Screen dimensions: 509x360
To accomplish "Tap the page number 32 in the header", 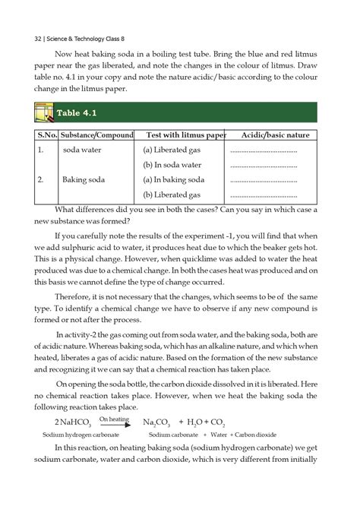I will [28, 37].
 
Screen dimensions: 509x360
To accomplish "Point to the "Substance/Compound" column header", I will [94, 134].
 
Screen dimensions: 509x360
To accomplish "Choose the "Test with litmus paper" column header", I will [186, 134].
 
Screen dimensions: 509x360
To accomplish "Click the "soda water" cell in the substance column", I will [82, 150].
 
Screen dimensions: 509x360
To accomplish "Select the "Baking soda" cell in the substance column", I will [84, 180].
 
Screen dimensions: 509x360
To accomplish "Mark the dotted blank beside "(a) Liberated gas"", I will [262, 150].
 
